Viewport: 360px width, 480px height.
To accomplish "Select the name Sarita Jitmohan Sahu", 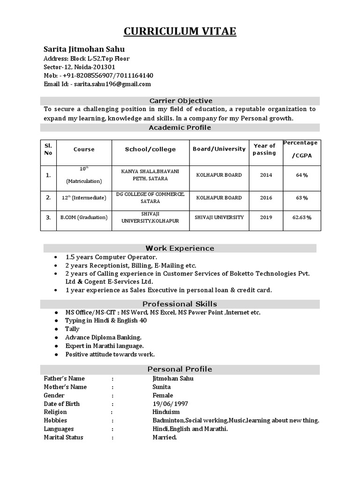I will pyautogui.click(x=84, y=49).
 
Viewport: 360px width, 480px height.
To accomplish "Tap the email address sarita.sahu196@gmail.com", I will pyautogui.click(x=111, y=84).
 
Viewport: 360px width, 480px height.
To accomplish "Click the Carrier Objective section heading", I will pyautogui.click(x=180, y=101).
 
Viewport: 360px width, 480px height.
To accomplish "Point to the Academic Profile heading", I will pyautogui.click(x=180, y=127).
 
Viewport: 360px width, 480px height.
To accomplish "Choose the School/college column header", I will pyautogui.click(x=150, y=150).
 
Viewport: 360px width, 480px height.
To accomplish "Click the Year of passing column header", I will pyautogui.click(x=264, y=150).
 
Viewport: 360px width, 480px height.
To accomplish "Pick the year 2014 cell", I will pyautogui.click(x=266, y=175).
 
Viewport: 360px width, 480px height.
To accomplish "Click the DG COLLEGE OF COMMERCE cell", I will pyautogui.click(x=150, y=197).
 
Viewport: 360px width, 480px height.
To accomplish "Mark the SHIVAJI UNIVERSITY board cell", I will pyautogui.click(x=219, y=217).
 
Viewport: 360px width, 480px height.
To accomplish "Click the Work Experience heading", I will pyautogui.click(x=180, y=248).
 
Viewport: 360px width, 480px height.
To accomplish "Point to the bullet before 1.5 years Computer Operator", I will pyautogui.click(x=56, y=257).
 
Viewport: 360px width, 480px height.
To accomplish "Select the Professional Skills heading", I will pyautogui.click(x=180, y=304).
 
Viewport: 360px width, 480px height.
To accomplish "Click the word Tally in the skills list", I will pyautogui.click(x=72, y=329).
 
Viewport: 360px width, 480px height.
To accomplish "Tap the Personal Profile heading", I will pyautogui.click(x=180, y=369).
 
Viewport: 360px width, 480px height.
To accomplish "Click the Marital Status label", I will pyautogui.click(x=64, y=437).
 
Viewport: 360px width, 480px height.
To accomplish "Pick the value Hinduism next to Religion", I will pyautogui.click(x=166, y=412).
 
